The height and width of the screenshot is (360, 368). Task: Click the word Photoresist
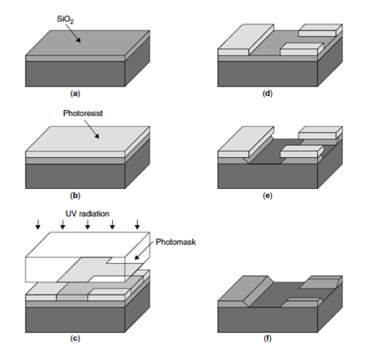coord(83,113)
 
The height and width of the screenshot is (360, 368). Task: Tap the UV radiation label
coord(88,214)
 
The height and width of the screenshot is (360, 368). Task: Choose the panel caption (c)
coord(74,338)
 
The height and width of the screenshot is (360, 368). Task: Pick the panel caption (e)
coord(268,196)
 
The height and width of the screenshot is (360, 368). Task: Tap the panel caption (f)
coord(268,338)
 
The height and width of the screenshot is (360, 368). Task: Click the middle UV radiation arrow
coord(87,224)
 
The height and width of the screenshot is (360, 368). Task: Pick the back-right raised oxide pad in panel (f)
coord(321,282)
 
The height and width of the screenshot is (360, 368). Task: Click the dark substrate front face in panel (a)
coord(75,73)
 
